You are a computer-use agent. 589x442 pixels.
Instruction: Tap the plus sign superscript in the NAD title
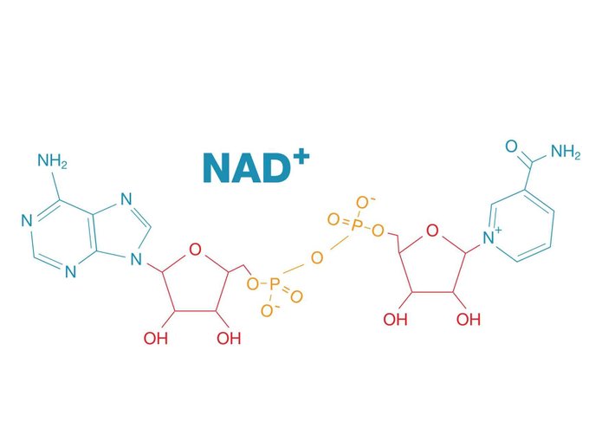click(301, 159)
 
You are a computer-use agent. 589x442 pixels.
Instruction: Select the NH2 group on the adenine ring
click(52, 161)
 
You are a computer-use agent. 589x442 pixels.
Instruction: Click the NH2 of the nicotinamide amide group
click(566, 152)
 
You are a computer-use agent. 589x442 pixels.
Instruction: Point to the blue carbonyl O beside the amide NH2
click(511, 146)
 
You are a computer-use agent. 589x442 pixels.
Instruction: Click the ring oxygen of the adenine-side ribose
click(196, 250)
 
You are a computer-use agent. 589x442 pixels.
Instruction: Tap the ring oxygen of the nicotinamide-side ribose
click(432, 231)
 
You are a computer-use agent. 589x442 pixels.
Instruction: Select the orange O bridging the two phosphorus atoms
click(317, 258)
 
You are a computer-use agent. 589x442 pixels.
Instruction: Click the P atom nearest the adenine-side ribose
click(274, 284)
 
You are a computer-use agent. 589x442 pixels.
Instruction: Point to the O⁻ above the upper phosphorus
click(364, 202)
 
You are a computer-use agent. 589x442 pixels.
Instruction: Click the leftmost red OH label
click(156, 338)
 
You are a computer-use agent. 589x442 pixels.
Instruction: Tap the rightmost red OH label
click(469, 320)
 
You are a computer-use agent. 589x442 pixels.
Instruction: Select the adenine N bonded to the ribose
click(136, 259)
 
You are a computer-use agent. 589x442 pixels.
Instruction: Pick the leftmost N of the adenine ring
click(27, 221)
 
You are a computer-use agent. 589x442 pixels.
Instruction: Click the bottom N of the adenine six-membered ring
click(70, 271)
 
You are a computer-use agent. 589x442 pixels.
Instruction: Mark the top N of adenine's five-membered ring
click(126, 198)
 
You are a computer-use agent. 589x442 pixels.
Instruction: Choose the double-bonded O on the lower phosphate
click(296, 296)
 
